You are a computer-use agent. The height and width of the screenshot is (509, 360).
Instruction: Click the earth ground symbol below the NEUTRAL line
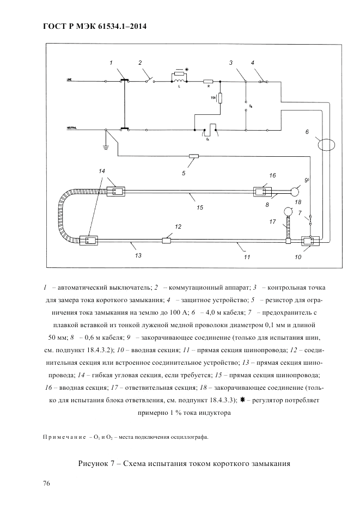(x=106, y=145)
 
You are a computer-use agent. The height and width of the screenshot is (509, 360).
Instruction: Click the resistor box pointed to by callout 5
(x=193, y=156)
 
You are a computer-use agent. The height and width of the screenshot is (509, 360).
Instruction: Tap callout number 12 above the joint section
(x=178, y=226)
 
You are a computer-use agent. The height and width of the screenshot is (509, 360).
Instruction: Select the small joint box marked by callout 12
(x=167, y=240)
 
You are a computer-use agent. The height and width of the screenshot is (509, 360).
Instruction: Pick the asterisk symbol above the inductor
(x=187, y=70)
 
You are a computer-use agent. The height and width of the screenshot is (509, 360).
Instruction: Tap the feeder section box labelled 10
(x=308, y=240)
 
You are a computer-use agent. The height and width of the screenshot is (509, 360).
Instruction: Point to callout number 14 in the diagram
(x=102, y=171)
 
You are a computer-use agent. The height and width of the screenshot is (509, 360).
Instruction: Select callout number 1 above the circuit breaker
(x=111, y=63)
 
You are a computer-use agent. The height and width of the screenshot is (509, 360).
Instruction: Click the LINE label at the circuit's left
(x=69, y=79)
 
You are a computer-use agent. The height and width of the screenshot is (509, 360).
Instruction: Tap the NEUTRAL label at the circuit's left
(x=72, y=128)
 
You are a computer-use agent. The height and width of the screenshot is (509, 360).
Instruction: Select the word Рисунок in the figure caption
(x=93, y=463)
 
